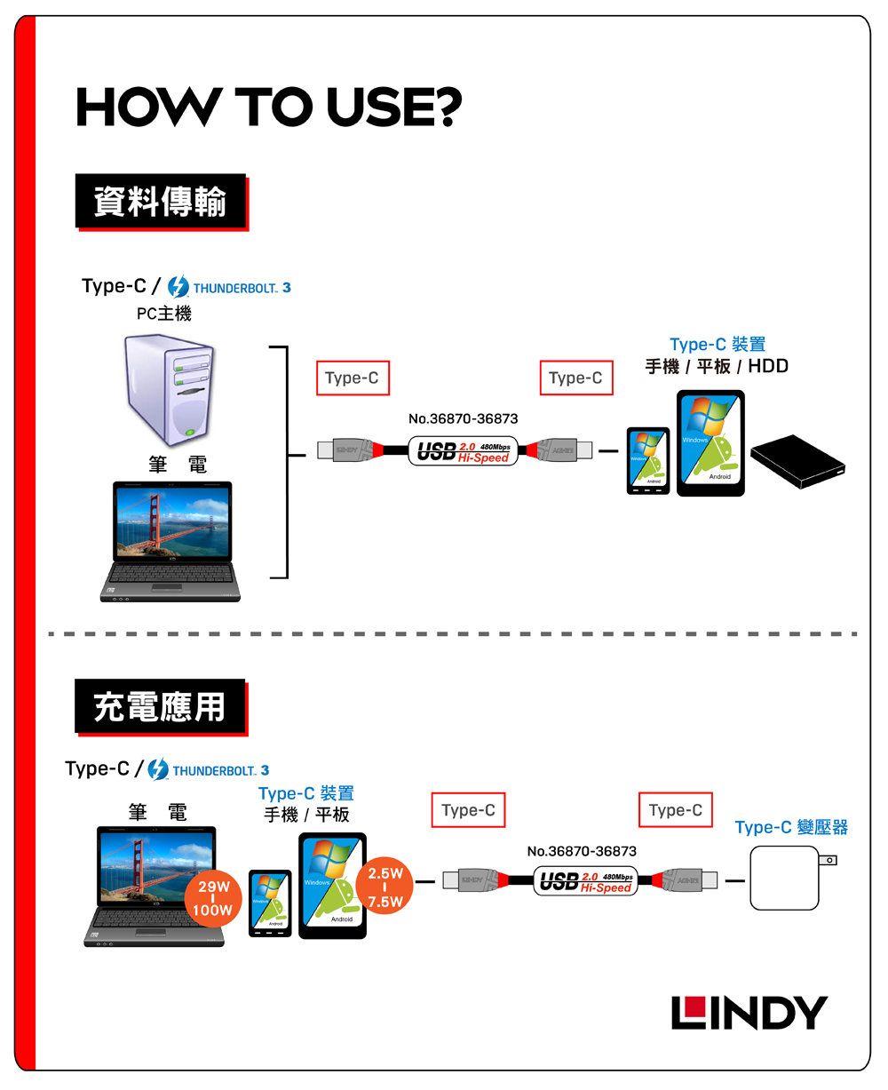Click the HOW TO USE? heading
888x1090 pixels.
[269, 107]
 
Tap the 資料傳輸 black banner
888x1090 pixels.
[161, 201]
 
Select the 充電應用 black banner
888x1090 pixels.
[161, 707]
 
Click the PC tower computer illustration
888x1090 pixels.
[169, 390]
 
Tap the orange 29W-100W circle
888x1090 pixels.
[215, 899]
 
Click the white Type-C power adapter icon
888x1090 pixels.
[787, 878]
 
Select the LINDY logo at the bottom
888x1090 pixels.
[749, 1013]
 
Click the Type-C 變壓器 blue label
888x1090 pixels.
[791, 828]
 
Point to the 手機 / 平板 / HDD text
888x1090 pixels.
[717, 366]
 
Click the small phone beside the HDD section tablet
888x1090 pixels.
[648, 461]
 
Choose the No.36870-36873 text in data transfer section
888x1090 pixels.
[463, 418]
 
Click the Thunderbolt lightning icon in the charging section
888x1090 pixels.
[158, 770]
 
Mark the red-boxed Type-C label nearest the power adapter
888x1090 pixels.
[675, 810]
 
